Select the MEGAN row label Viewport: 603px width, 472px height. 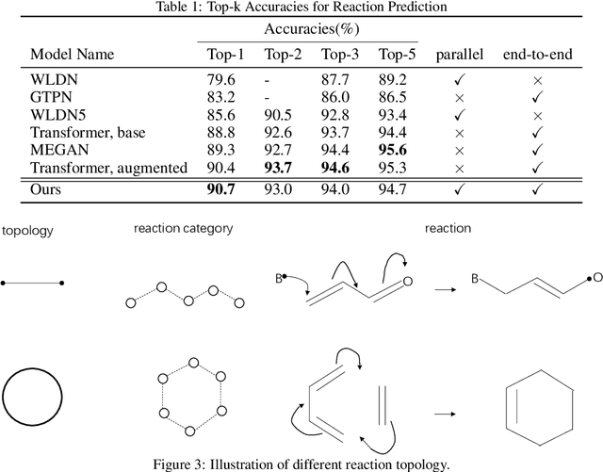coord(55,149)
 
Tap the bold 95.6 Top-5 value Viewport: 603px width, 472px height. coord(395,149)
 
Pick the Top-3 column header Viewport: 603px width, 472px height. coord(339,53)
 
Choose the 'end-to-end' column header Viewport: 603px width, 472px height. coord(538,53)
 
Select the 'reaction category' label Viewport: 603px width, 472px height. coord(183,229)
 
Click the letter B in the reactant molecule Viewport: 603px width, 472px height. coord(280,278)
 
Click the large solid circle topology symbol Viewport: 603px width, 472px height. coord(33,399)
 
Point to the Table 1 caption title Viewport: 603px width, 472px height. coord(301,8)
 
